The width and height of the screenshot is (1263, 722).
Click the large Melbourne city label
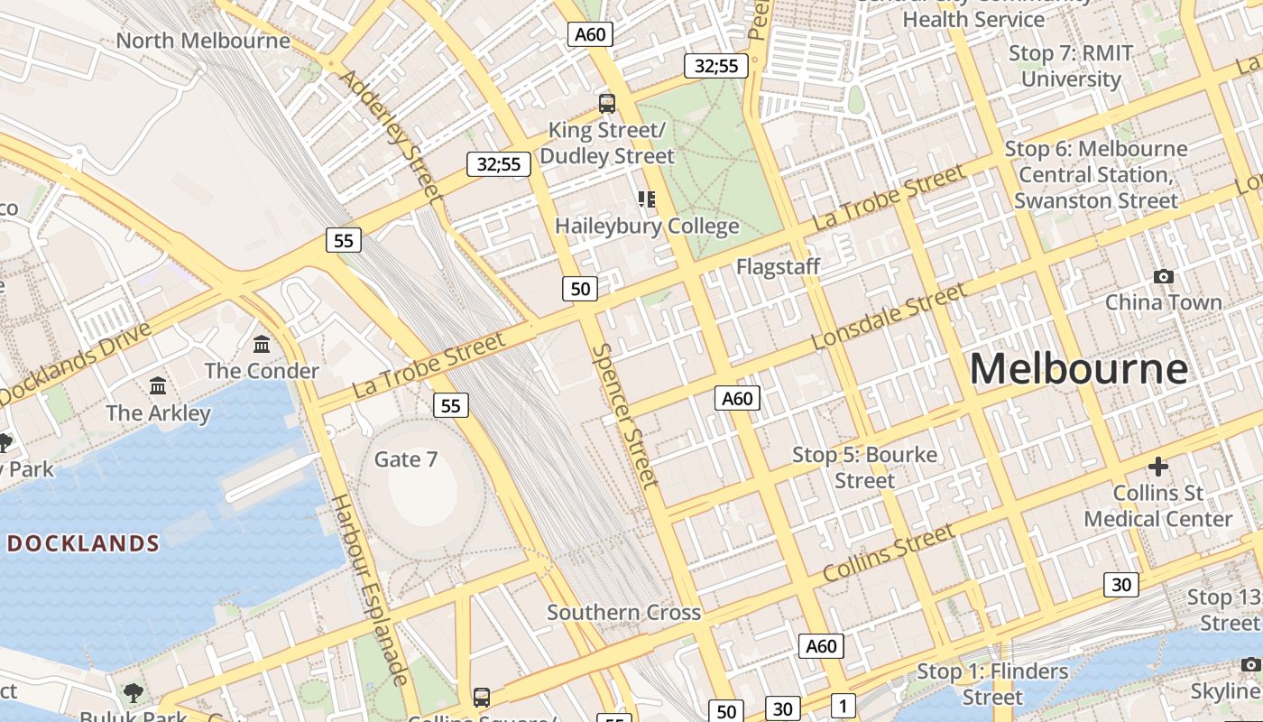click(x=1078, y=369)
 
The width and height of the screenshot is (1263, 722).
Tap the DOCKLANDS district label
click(x=83, y=543)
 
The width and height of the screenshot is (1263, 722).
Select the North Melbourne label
click(x=203, y=41)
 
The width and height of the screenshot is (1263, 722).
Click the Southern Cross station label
click(x=623, y=613)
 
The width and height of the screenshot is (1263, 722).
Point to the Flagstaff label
click(x=778, y=266)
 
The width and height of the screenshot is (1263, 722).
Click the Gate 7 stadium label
click(x=405, y=459)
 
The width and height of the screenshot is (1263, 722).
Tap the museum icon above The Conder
click(x=262, y=344)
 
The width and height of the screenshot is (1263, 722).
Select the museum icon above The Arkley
click(x=158, y=386)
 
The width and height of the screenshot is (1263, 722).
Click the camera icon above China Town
click(x=1164, y=276)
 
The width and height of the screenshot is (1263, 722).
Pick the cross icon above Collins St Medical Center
click(x=1158, y=467)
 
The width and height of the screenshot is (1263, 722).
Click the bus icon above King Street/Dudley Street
click(x=607, y=104)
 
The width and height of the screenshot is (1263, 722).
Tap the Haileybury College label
click(x=647, y=226)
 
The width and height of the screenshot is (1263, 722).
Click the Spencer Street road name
click(x=625, y=415)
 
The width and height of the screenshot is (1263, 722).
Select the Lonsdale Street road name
click(x=888, y=317)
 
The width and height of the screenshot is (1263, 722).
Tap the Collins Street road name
click(x=889, y=552)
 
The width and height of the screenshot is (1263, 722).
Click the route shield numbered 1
click(x=842, y=707)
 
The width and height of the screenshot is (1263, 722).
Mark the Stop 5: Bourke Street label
click(x=864, y=467)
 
